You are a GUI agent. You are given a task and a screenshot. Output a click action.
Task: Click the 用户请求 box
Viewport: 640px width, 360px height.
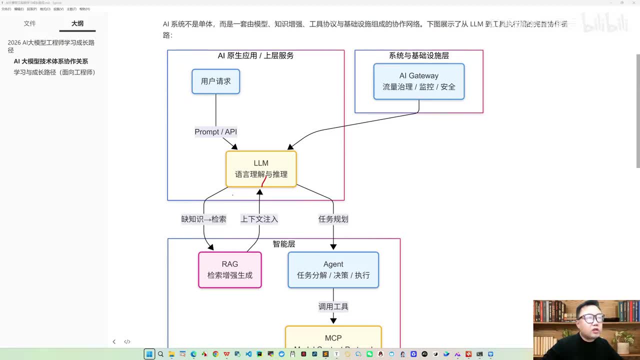tap(215, 81)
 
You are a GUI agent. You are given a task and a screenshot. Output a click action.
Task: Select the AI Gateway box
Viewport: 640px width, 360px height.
tap(418, 81)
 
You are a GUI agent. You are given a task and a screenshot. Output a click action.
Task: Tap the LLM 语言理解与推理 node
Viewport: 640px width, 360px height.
tap(261, 169)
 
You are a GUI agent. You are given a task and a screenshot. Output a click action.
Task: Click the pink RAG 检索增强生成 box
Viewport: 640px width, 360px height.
tap(229, 270)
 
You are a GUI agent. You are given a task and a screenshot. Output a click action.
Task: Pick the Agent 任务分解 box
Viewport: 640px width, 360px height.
tap(333, 270)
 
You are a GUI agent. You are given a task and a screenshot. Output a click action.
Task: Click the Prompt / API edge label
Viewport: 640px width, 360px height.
tap(215, 132)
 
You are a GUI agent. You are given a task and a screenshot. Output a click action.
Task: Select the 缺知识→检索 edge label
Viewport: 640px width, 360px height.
tap(203, 219)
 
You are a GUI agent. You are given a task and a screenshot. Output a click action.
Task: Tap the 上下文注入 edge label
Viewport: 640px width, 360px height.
tap(259, 219)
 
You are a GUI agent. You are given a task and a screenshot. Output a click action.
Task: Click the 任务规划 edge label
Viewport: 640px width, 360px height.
tap(333, 219)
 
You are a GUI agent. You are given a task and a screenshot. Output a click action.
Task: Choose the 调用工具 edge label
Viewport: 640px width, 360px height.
tap(333, 306)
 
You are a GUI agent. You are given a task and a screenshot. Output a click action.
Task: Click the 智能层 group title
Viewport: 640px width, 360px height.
tap(283, 244)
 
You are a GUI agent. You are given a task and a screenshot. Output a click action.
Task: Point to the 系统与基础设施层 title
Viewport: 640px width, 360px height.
tap(418, 55)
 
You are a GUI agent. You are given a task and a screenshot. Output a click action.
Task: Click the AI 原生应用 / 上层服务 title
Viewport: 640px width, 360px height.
tap(255, 55)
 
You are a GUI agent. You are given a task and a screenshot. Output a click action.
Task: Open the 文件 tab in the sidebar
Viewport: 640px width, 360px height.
tap(30, 23)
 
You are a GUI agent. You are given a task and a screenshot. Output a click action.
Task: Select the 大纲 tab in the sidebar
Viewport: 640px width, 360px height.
tap(77, 23)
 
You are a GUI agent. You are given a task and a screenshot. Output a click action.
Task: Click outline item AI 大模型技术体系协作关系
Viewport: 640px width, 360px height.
tap(50, 61)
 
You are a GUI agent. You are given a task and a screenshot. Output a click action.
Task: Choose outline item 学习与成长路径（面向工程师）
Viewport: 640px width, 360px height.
tap(54, 72)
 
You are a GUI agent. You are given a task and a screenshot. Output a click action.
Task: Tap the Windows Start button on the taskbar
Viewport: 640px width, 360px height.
tap(149, 354)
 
